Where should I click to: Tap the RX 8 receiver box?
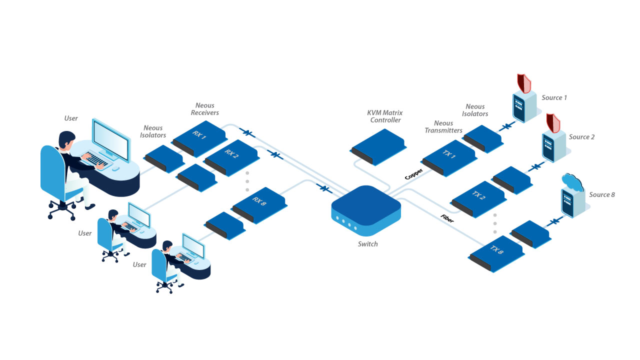259,202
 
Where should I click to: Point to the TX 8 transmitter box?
496,251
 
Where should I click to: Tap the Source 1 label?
554,97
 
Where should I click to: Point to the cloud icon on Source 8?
572,182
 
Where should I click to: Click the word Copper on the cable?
414,173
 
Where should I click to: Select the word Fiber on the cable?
447,218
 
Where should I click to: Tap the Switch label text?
367,244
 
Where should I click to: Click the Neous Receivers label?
205,109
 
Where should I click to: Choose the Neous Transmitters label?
443,127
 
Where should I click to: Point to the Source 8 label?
602,194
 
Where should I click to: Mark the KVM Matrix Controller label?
384,116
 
